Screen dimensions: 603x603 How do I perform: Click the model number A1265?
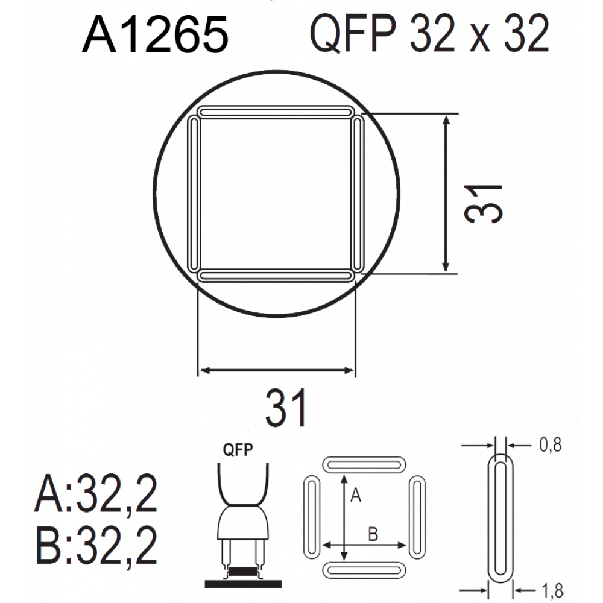156,35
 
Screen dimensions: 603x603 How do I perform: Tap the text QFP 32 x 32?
429,34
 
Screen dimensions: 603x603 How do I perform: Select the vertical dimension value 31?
484,204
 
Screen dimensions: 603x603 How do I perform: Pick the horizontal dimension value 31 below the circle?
286,408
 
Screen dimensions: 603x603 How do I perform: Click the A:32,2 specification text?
96,493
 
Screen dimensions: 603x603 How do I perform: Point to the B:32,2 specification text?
96,545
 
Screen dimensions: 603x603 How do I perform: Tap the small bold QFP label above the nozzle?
238,450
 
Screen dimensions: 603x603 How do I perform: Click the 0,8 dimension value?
550,444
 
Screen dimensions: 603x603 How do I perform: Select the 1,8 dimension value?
552,590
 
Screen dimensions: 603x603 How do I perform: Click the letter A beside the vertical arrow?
356,494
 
